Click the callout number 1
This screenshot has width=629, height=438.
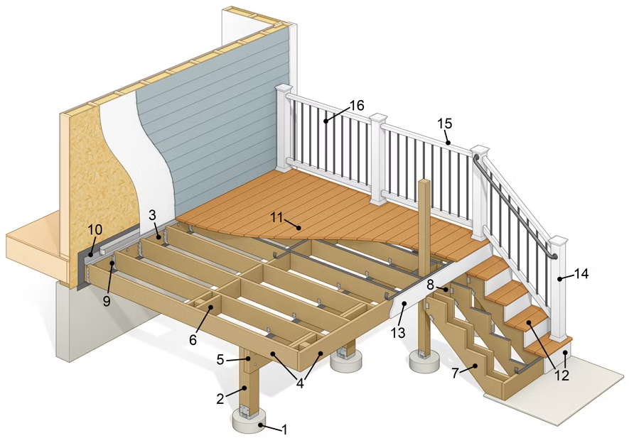click(x=285, y=429)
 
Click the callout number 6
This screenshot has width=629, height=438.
click(x=193, y=339)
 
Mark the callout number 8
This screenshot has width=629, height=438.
click(x=430, y=284)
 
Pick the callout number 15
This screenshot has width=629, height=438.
click(x=444, y=123)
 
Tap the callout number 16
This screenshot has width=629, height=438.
click(x=357, y=105)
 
